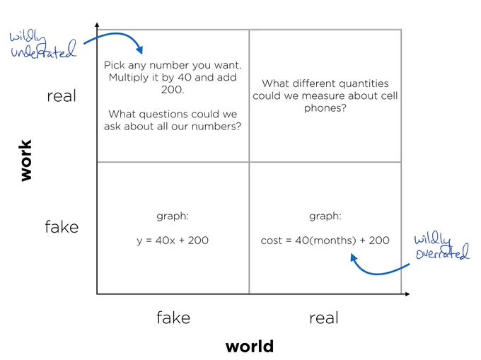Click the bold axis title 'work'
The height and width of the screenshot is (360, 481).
click(x=25, y=160)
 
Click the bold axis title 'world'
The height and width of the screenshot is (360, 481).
click(x=250, y=347)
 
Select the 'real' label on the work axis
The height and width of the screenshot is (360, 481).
click(x=62, y=96)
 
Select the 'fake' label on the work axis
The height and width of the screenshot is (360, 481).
click(x=62, y=227)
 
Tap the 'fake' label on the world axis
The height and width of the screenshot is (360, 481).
click(x=173, y=318)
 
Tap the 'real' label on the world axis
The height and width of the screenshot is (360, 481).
click(x=324, y=318)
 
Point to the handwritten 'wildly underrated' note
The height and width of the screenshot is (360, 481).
click(x=42, y=45)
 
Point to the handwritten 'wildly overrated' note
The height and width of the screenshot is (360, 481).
click(x=442, y=247)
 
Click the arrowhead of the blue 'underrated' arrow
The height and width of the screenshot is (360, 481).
click(x=139, y=50)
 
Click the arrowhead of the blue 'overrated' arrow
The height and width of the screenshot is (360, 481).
click(x=354, y=258)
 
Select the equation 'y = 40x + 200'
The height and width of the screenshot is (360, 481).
click(x=173, y=240)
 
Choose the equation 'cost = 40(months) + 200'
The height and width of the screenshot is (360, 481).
click(x=325, y=240)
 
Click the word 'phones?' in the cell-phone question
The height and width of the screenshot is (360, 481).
click(x=325, y=108)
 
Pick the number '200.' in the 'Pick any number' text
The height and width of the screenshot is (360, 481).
click(x=173, y=90)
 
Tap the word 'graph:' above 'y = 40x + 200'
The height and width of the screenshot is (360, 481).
click(x=173, y=216)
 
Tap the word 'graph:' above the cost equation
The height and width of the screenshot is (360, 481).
click(x=325, y=216)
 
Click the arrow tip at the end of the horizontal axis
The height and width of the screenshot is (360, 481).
click(x=410, y=294)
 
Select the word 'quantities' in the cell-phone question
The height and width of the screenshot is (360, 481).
click(x=364, y=83)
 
